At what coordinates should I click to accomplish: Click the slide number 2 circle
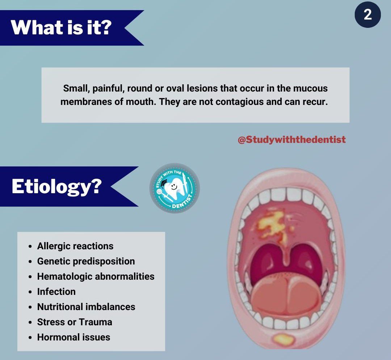(367, 14)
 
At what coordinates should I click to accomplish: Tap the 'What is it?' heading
(61, 27)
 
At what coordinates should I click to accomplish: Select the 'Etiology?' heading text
(56, 187)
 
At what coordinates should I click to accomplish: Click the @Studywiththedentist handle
(292, 140)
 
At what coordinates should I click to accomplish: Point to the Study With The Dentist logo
(175, 188)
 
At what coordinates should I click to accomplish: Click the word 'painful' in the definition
(109, 89)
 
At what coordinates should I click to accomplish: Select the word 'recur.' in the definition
(315, 102)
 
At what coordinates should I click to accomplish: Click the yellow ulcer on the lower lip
(283, 339)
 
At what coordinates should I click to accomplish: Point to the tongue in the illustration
(286, 295)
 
